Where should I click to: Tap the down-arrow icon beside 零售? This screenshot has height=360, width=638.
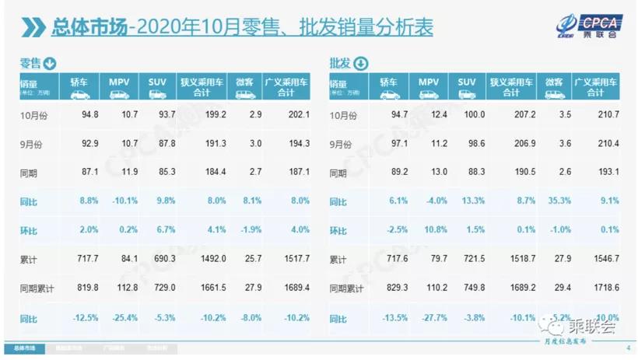point(50,63)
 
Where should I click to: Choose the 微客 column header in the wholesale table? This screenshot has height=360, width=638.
point(554,81)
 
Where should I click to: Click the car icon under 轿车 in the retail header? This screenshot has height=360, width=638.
point(81,94)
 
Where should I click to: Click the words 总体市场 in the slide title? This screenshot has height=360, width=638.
point(87,28)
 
